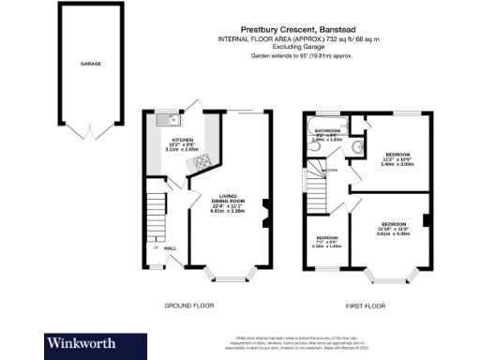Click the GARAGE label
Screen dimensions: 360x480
[90, 64]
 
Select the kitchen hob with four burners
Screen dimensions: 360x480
[202, 164]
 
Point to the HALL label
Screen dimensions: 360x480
[172, 248]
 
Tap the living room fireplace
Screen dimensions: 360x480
[263, 211]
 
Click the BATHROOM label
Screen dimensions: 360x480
[327, 130]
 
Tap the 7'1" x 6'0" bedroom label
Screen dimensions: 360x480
[327, 241]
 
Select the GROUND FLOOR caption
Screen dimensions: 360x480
[190, 306]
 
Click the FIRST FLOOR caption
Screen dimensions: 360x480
[367, 306]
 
